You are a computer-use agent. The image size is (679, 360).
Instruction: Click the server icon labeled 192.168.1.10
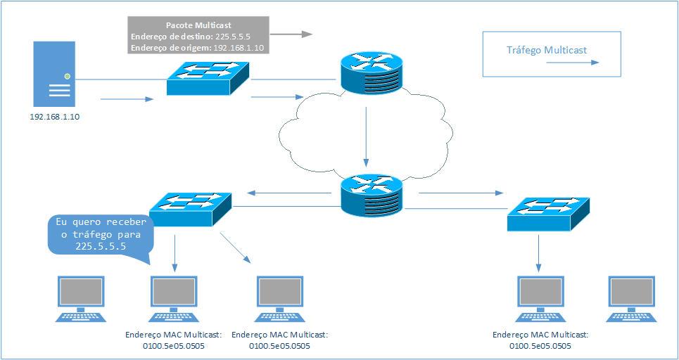coord(53,74)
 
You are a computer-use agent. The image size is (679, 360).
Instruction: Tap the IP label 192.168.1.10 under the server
coord(54,117)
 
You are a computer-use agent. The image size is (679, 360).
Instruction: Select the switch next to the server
coord(209,77)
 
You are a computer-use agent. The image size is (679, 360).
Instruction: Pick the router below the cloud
coord(370,195)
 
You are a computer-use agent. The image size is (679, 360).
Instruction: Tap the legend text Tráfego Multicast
coord(547,50)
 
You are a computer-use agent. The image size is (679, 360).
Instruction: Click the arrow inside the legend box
coord(573,62)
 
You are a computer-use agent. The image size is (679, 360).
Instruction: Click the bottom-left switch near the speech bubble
coord(191,208)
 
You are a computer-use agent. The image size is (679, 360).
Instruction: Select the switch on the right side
coord(548,212)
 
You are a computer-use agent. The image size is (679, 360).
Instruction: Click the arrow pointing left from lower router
coord(281,193)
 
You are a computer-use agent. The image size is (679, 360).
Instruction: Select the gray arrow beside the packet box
coord(292,34)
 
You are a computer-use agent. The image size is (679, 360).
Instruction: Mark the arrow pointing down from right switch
coord(538,253)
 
